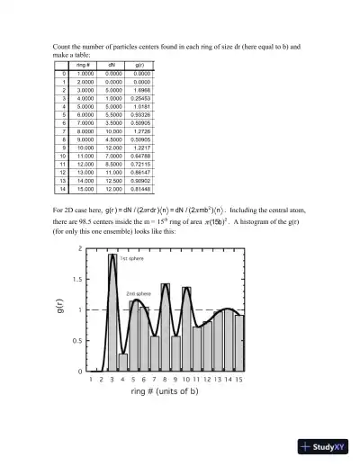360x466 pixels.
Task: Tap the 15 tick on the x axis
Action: click(x=239, y=380)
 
